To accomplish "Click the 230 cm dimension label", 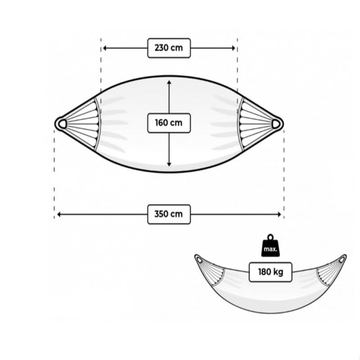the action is (x=169, y=48).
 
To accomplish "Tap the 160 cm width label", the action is (x=169, y=123).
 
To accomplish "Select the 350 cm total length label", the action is (x=169, y=214).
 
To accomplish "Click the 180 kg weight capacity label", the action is (x=270, y=272).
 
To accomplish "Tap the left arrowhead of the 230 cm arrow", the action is (x=104, y=48).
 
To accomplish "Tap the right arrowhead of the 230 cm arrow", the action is (x=234, y=48).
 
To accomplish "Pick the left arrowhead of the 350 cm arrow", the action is (x=59, y=215).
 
